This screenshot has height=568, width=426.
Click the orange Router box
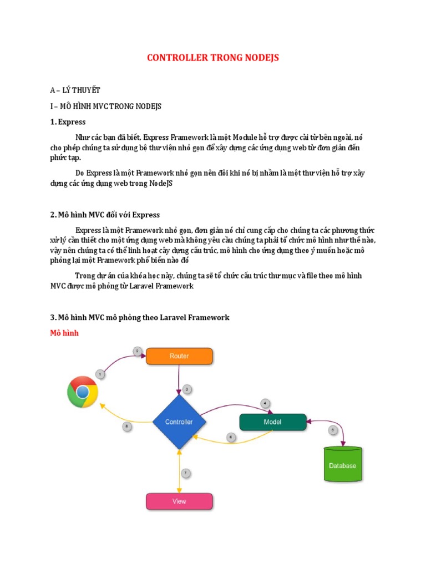click(x=179, y=356)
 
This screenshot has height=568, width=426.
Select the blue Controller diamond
click(x=179, y=422)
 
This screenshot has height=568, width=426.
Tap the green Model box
click(x=272, y=422)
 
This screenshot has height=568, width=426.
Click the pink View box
click(x=179, y=501)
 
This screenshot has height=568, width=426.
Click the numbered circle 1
click(x=100, y=374)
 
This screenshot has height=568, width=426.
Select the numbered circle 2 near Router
click(x=138, y=351)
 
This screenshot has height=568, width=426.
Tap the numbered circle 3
click(x=187, y=389)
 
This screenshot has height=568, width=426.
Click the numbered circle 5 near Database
click(x=333, y=429)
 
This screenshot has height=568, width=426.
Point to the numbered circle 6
click(x=231, y=437)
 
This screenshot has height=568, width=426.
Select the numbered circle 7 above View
click(x=186, y=473)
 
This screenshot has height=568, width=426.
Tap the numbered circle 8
click(x=127, y=427)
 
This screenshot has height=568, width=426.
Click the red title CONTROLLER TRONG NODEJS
click(x=212, y=58)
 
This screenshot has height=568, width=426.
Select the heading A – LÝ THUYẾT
click(x=75, y=90)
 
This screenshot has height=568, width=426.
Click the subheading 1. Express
click(x=68, y=121)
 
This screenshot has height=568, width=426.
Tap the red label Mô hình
click(x=64, y=333)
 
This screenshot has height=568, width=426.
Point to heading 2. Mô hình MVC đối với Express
click(x=105, y=215)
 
